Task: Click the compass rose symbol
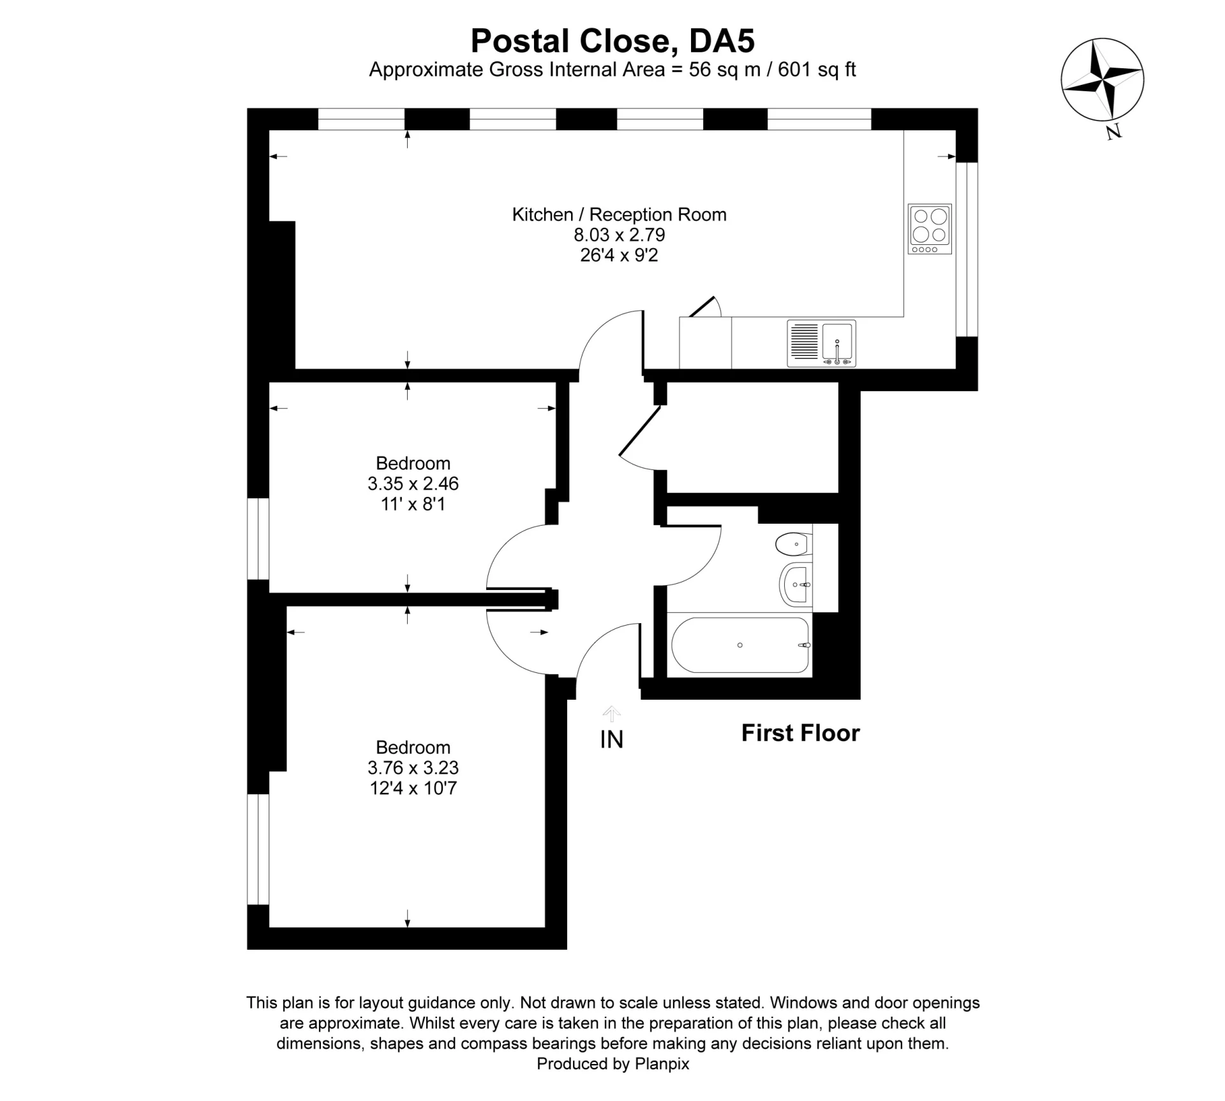tap(1102, 80)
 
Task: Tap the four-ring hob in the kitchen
tap(930, 228)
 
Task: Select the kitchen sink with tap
tap(822, 343)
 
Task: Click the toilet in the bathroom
tap(793, 544)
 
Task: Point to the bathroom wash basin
tap(795, 584)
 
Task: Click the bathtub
tap(740, 645)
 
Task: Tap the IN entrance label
tap(611, 739)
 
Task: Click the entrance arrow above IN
tap(611, 713)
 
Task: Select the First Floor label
tap(800, 733)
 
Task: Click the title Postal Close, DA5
tap(612, 41)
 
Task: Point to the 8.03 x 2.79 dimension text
tap(619, 235)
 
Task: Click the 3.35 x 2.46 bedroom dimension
tap(413, 484)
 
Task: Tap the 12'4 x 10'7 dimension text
tap(413, 788)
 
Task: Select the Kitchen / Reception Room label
tap(619, 214)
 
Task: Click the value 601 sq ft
tap(817, 70)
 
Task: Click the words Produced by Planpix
tap(612, 1063)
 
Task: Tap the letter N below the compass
tap(1113, 132)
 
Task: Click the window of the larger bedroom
tap(258, 849)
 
